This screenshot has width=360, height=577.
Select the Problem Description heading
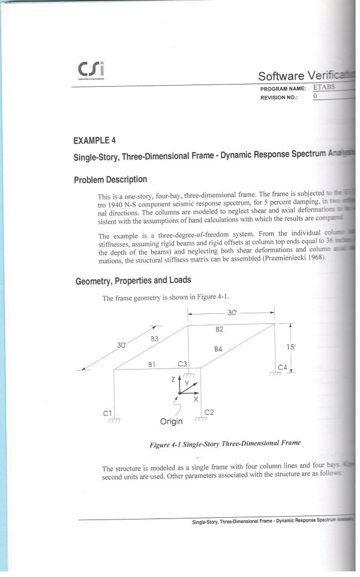pos(110,180)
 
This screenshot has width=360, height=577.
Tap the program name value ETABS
pos(323,88)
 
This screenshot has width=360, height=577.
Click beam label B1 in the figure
pos(152,364)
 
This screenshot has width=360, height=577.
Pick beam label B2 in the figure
pos(220,329)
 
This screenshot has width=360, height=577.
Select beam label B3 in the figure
pos(155,339)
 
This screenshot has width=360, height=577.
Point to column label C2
pos(208,412)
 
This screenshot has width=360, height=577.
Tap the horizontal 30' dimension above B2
pos(233,312)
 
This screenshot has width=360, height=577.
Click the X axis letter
pos(195,399)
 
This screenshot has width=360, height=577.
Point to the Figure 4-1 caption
pos(225,443)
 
